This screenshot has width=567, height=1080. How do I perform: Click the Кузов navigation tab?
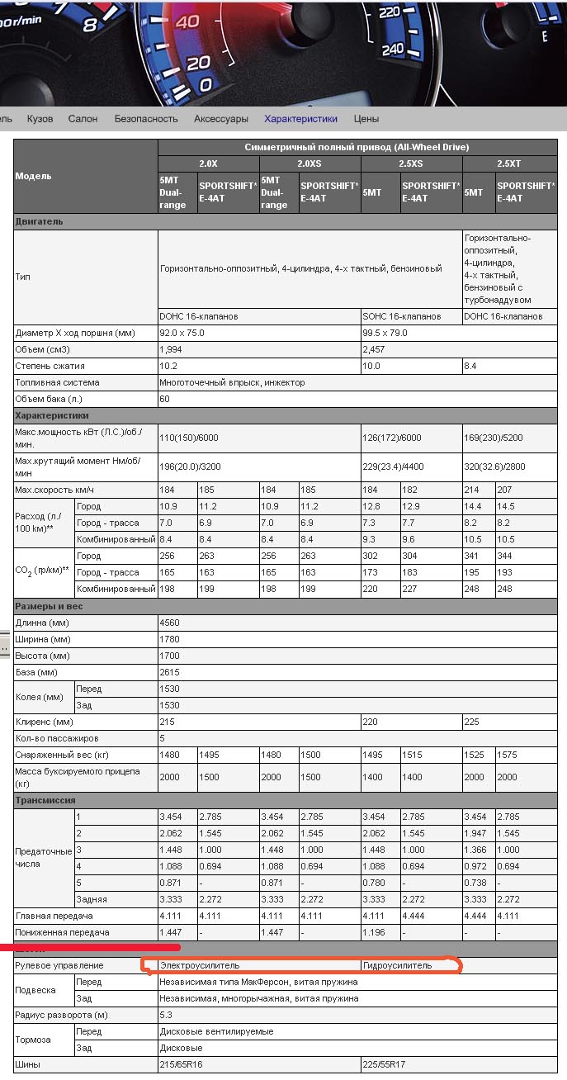pos(40,119)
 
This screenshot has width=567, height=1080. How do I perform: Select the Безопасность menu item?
pos(146,119)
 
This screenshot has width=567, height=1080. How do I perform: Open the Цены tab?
pos(366,119)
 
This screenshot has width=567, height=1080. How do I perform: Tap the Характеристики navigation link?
pos(300,119)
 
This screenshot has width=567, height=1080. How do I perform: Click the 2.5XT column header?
pos(508,163)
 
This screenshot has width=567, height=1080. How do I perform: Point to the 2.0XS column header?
pos(309,163)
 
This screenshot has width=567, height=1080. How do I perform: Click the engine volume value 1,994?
pos(172,349)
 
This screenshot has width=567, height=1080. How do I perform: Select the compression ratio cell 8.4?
pos(471,366)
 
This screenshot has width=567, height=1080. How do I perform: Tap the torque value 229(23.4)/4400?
pos(394,467)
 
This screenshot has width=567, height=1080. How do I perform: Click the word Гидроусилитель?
pos(398,965)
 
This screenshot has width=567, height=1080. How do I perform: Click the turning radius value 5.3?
pos(166,1015)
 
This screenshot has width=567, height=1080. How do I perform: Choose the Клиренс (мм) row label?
pos(45,722)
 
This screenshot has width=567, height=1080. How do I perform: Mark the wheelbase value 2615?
pos(169,672)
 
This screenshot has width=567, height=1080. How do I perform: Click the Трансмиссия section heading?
pos(45,800)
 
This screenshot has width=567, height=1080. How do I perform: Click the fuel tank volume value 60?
pos(164,399)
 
